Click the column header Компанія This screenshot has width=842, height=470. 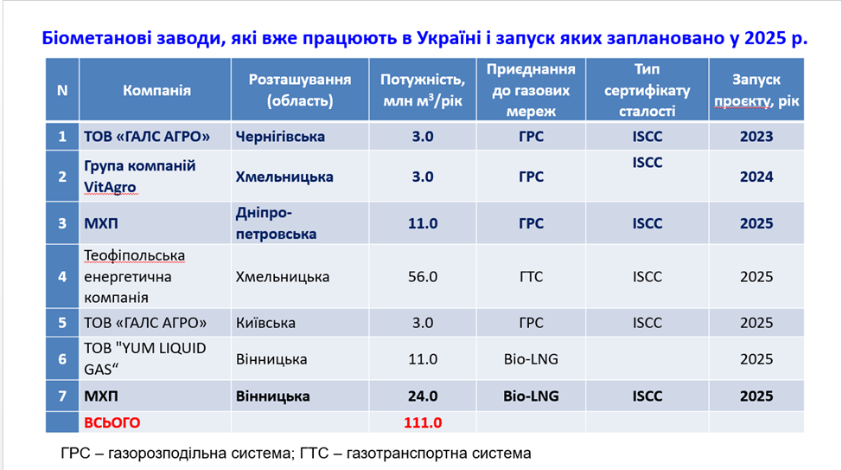156,90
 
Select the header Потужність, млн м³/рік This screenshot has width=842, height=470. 422,90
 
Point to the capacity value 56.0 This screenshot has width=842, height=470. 422,277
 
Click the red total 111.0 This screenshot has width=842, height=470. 422,422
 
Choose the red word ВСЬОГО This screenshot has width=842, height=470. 112,422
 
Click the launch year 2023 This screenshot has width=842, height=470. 756,136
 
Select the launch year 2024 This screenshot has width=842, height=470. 756,177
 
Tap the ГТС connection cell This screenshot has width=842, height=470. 531,277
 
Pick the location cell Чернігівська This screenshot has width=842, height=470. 280,136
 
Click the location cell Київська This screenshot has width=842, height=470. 265,323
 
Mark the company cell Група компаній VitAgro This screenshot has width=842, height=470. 139,176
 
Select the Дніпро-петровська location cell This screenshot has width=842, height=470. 276,223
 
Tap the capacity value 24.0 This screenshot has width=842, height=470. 422,396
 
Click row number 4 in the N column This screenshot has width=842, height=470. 61,277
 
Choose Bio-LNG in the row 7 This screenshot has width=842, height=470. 531,396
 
